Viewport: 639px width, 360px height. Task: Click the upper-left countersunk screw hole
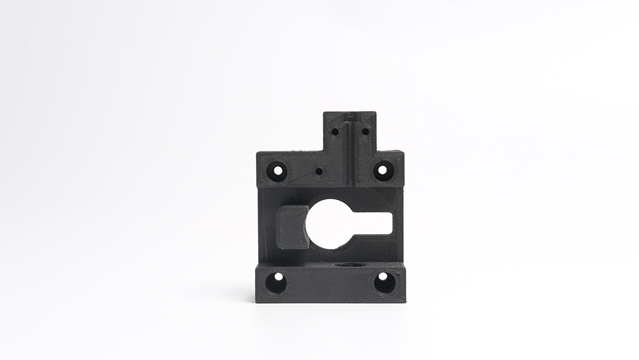[x=278, y=171]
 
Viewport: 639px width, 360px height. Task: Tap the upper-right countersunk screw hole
[x=382, y=170]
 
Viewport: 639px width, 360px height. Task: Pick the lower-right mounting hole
[x=384, y=281]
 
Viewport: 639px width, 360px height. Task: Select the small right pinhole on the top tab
[x=365, y=132]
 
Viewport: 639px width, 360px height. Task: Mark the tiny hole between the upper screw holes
[x=318, y=171]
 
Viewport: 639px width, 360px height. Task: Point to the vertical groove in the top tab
[x=350, y=150]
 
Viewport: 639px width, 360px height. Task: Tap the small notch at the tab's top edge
[x=349, y=116]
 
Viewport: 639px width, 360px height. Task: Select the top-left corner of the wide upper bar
[x=258, y=153]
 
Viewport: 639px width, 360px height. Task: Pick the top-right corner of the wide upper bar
[x=404, y=152]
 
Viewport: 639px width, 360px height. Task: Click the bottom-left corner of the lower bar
[x=256, y=301]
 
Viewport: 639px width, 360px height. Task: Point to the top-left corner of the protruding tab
[x=324, y=114]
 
